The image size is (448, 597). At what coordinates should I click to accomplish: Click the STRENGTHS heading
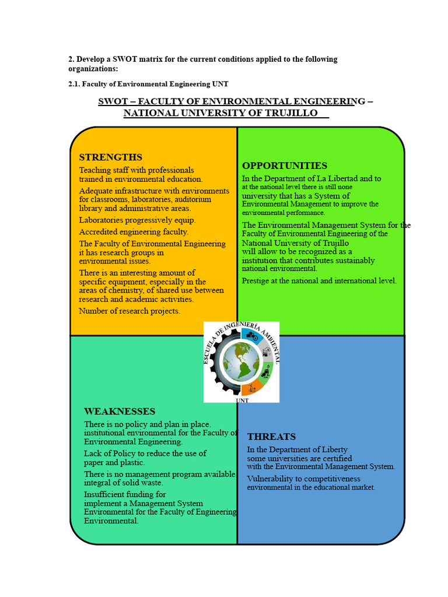(110, 157)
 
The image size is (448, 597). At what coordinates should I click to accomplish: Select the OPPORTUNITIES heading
(285, 166)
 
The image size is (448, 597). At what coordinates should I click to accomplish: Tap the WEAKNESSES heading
(120, 412)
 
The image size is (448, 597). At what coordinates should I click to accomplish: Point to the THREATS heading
(271, 437)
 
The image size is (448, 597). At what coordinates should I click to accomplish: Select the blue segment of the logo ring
(252, 336)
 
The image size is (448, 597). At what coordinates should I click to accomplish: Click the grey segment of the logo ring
(265, 351)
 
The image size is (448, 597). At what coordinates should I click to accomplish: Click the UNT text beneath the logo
(242, 401)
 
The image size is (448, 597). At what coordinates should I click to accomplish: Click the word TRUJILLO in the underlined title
(290, 113)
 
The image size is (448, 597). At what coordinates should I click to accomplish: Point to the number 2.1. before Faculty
(74, 84)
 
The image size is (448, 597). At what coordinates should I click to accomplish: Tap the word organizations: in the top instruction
(93, 69)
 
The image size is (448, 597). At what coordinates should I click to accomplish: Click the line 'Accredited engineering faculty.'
(134, 232)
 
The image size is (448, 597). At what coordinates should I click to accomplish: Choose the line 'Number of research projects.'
(129, 311)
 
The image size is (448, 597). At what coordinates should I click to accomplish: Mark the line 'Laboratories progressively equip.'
(137, 220)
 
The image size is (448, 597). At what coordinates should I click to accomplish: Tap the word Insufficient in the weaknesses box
(104, 494)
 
